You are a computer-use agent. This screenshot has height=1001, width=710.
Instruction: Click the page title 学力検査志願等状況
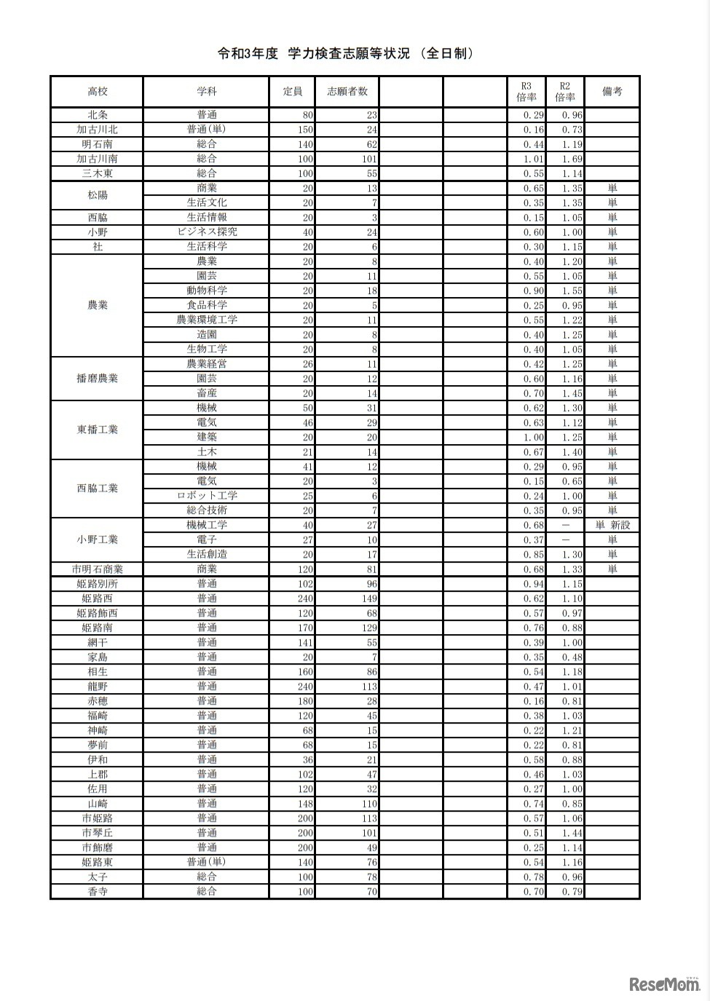(x=347, y=54)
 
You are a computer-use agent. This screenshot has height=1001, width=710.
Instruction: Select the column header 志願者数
(x=347, y=92)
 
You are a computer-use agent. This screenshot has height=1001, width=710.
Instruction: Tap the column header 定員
(x=293, y=92)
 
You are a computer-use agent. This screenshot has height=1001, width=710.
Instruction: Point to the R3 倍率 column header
(x=526, y=92)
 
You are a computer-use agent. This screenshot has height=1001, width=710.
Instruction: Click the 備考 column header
(x=612, y=92)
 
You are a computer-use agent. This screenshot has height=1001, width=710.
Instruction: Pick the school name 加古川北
(x=98, y=130)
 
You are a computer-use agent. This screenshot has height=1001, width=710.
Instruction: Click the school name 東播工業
(x=98, y=430)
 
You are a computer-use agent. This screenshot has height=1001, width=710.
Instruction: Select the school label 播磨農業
(x=98, y=379)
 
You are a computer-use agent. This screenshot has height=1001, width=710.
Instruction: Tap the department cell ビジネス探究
(x=207, y=232)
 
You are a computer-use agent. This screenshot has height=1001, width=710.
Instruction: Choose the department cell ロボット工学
(x=207, y=496)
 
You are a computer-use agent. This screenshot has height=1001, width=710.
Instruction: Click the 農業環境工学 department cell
(x=207, y=320)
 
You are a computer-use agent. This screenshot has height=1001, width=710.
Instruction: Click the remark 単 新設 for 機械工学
(x=612, y=525)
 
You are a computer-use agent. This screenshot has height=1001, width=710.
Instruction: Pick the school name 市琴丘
(x=98, y=833)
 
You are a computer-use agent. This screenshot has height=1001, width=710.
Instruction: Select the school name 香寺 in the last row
(x=98, y=892)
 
